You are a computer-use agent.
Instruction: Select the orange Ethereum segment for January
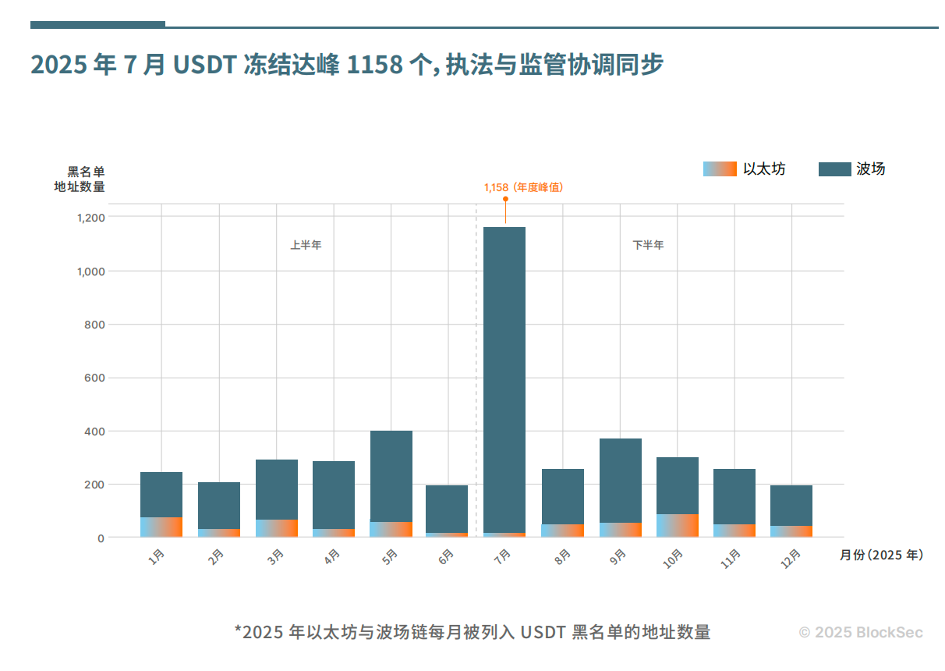pos(161,527)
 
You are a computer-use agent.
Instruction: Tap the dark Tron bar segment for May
pos(391,476)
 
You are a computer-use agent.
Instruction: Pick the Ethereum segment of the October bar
pos(678,525)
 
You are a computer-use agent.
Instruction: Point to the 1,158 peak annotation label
pos(523,187)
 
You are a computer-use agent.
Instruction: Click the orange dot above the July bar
pos(505,199)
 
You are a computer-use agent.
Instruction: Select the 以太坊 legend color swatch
pos(720,169)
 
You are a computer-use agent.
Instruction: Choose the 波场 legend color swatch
pos(834,169)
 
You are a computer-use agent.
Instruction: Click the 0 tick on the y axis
pos(101,538)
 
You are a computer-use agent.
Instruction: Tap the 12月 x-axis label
pos(790,559)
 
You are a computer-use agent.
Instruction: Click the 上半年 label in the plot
pos(306,245)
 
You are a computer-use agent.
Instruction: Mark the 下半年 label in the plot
pos(648,245)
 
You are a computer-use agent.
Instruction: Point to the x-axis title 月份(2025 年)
pos(881,555)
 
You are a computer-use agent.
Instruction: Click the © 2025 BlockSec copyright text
pos(861,632)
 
